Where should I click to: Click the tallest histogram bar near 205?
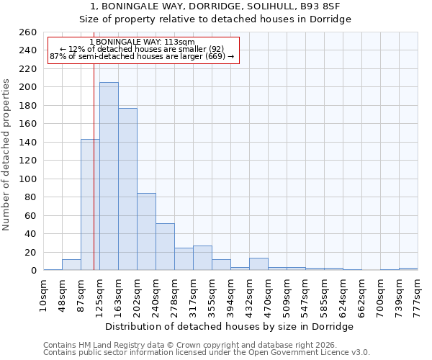point(109,176)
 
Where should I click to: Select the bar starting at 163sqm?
point(127,189)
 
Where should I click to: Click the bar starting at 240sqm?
point(165,247)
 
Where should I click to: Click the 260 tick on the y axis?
point(27,32)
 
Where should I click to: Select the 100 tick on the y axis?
point(27,179)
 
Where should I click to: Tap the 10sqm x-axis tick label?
point(44,295)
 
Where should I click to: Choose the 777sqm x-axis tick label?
point(418,295)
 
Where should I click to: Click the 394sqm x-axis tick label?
point(231,295)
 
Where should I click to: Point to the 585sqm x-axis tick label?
point(325,295)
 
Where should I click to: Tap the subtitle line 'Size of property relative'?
point(215,19)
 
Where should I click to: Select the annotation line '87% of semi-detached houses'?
point(142,56)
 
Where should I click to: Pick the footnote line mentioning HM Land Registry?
point(194,345)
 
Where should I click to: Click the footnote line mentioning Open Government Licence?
point(206,352)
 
